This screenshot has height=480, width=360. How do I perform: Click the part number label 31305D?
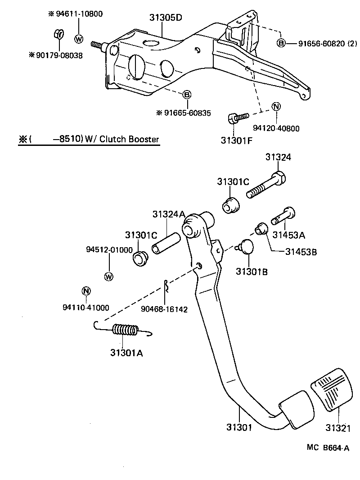pos(166,18)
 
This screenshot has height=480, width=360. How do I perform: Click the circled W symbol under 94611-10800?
pos(79,39)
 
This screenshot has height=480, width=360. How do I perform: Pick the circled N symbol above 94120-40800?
pos(276,107)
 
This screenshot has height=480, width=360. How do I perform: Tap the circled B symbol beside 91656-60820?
pos(281,43)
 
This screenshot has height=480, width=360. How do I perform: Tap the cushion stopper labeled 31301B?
pos(247,247)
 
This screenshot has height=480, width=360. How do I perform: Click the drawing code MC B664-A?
pos(328,448)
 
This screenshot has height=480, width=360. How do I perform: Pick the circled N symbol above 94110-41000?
pos(86,291)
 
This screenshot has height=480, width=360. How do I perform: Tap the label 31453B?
pos(301,252)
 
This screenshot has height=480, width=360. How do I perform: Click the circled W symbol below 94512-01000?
pos(108,276)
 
